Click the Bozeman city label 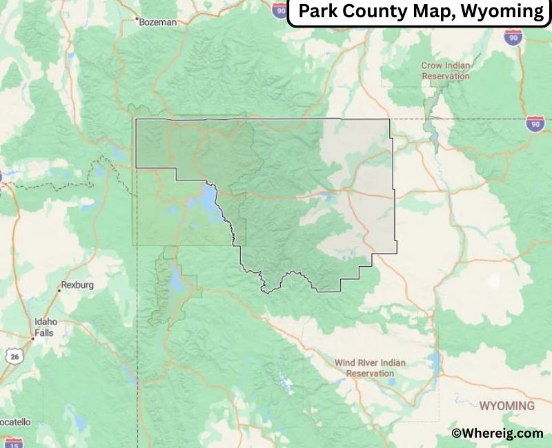click(x=159, y=22)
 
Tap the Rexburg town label click(x=77, y=284)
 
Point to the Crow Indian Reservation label click(x=446, y=70)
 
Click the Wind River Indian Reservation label click(x=370, y=367)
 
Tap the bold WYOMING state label click(x=506, y=405)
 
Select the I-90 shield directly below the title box click(x=513, y=37)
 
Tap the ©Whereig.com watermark click(x=497, y=433)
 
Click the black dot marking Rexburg click(x=58, y=290)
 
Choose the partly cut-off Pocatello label click(x=14, y=421)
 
